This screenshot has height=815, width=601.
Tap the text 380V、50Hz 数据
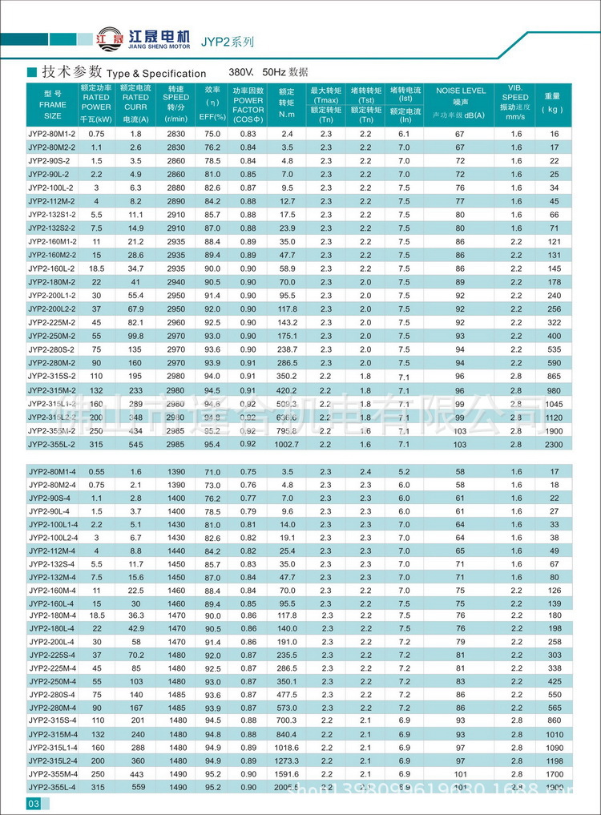point(268,72)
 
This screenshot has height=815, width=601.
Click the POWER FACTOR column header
point(248,103)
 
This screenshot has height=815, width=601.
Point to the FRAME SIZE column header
point(52,104)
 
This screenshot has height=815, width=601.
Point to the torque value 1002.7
point(287,444)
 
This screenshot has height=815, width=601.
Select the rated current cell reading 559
point(136,788)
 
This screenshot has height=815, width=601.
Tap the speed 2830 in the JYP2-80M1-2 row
point(176,134)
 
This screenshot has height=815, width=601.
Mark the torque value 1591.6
point(287,774)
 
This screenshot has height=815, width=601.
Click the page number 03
point(34,804)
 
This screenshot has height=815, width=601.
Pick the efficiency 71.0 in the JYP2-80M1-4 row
point(212,472)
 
